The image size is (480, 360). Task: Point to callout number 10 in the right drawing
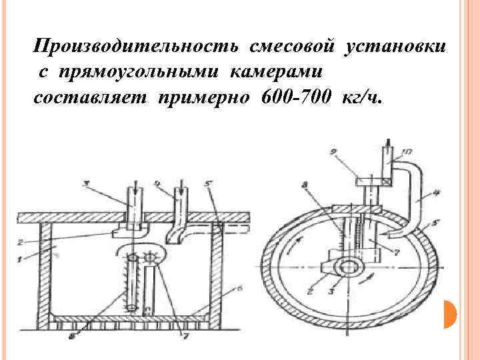(x=408, y=153)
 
